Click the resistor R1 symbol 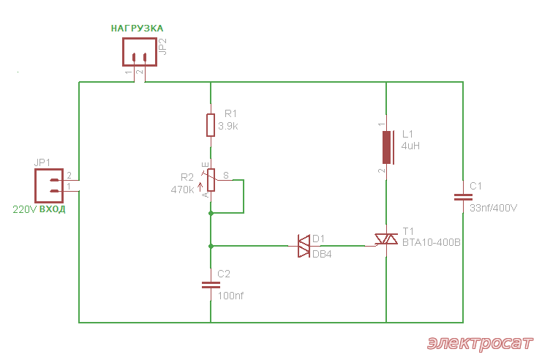(211, 125)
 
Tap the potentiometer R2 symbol (211, 180)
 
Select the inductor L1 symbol (387, 147)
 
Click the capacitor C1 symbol (463, 197)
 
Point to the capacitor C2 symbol (211, 285)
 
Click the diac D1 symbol (304, 246)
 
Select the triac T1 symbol (386, 239)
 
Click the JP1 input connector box (49, 186)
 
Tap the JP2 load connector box (140, 52)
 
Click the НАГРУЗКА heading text (138, 29)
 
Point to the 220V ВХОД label (39, 209)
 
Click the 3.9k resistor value (228, 127)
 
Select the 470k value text (183, 190)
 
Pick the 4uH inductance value (410, 146)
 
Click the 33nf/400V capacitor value (494, 208)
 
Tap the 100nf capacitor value (230, 296)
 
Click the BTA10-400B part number (432, 242)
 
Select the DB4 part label (322, 254)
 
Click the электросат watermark (480, 343)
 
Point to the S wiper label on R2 (226, 176)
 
